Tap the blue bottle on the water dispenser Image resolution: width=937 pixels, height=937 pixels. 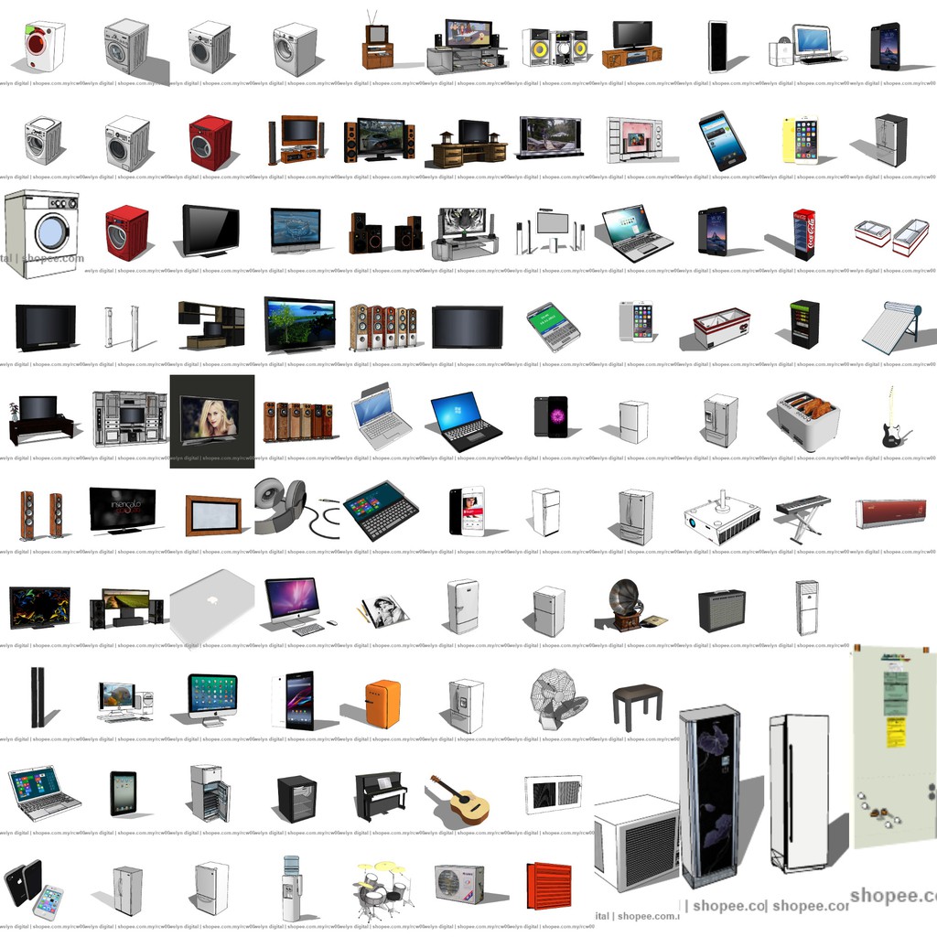click(292, 865)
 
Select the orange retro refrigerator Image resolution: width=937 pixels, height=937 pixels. click(382, 704)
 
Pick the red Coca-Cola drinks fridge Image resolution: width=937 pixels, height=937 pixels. click(803, 234)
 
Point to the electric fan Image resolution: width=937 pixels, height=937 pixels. click(556, 698)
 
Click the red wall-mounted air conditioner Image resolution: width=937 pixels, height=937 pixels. click(890, 513)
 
